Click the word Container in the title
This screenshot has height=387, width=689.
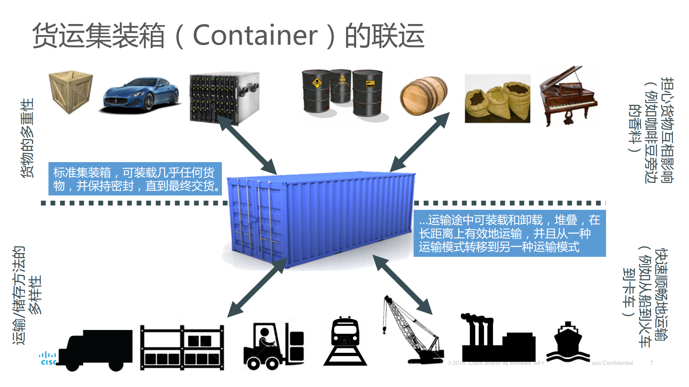(x=255, y=35)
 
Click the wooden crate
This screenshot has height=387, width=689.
(x=71, y=91)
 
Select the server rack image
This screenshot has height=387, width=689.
(x=224, y=97)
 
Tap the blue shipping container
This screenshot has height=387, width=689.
(x=320, y=219)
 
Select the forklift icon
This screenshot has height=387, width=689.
(x=274, y=346)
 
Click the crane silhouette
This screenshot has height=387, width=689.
(x=413, y=330)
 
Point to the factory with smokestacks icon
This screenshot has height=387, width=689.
(x=497, y=339)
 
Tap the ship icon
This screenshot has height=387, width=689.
(x=568, y=343)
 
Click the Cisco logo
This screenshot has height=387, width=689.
(x=48, y=359)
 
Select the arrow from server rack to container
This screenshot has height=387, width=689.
(x=247, y=145)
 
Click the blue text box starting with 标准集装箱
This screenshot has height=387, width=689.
(x=135, y=179)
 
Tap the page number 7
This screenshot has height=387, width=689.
(x=651, y=363)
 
